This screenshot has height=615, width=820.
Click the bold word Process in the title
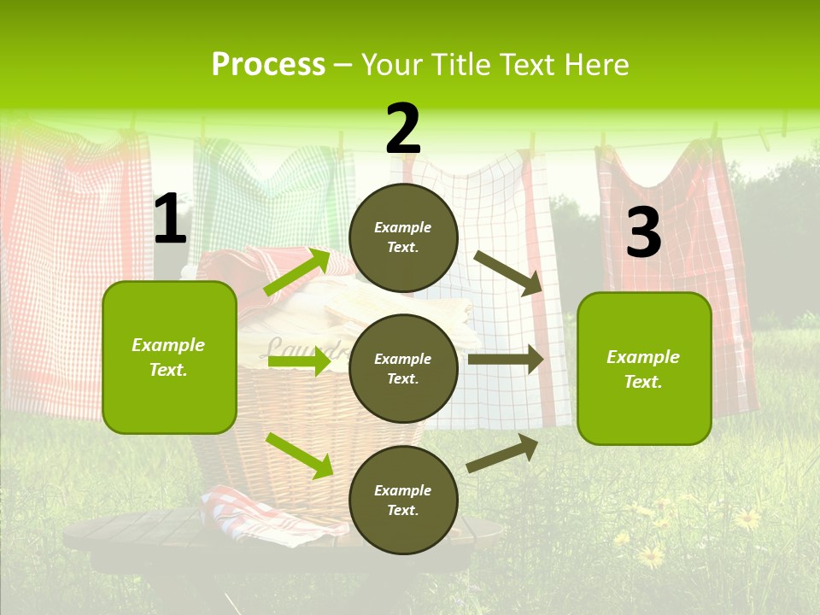[x=268, y=65]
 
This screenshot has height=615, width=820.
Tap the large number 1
[x=170, y=220]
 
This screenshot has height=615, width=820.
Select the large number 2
[x=403, y=129]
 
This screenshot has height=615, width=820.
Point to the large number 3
[x=643, y=233]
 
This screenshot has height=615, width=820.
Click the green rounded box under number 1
[x=169, y=357]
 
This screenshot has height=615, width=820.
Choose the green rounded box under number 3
[x=644, y=368]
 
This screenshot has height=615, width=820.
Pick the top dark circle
[x=403, y=237]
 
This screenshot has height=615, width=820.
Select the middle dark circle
[x=403, y=368]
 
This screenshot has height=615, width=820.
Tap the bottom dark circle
[x=403, y=500]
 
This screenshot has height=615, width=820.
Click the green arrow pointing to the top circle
[x=297, y=272]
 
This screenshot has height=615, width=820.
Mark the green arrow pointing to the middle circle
[x=299, y=362]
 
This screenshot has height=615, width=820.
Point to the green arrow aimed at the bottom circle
[x=299, y=455]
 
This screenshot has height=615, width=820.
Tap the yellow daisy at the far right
[x=747, y=518]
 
